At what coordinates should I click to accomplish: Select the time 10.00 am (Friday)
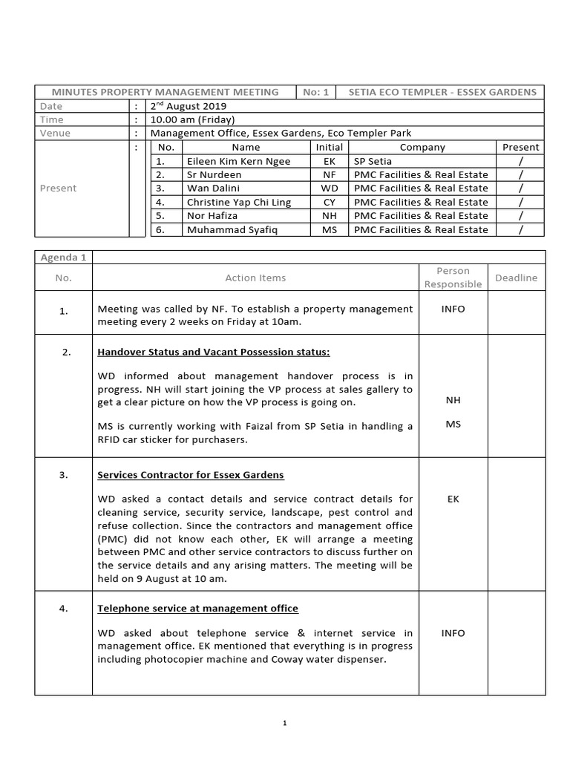click(192, 119)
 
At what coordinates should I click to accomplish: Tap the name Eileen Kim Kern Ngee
click(238, 161)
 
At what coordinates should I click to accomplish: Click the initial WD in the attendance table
click(330, 189)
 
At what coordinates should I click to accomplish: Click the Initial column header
click(330, 147)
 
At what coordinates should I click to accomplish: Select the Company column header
click(422, 147)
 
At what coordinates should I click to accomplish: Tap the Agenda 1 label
click(63, 257)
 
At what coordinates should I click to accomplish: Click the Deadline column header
click(516, 278)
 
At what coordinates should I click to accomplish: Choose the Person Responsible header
click(453, 278)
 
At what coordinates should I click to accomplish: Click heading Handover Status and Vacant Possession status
click(214, 352)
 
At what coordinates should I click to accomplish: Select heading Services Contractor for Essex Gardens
click(191, 475)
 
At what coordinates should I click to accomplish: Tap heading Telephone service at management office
click(198, 609)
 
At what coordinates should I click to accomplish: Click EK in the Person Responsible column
click(453, 499)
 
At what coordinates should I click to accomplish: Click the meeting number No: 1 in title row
click(315, 92)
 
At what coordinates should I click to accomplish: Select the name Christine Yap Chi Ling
click(239, 203)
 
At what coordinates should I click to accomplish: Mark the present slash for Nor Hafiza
click(521, 216)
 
